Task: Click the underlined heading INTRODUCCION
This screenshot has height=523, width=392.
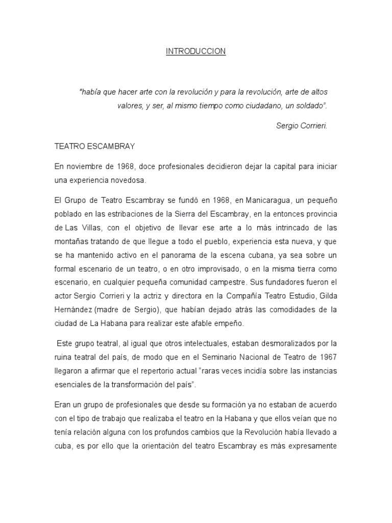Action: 195,52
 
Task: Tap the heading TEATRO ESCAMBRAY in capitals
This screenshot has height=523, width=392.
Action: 94,146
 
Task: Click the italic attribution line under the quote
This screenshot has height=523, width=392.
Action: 301,126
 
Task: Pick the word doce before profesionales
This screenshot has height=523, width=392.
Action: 146,167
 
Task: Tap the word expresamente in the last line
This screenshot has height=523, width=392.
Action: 314,445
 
